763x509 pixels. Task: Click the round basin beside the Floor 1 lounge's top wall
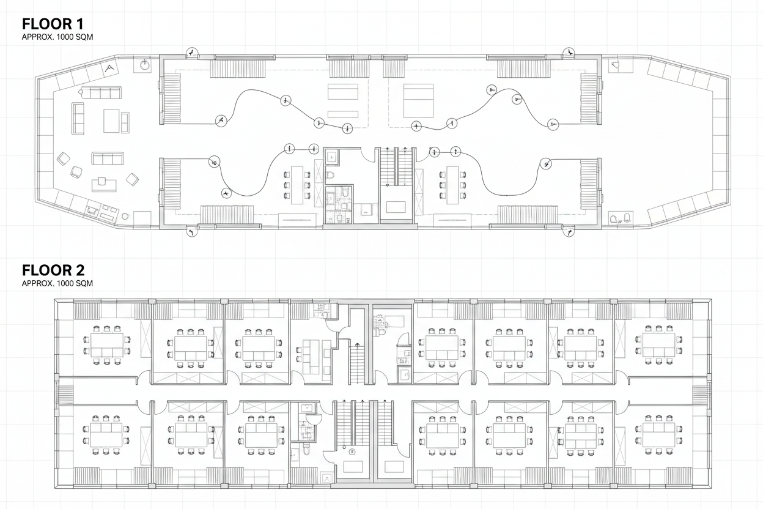tap(146, 64)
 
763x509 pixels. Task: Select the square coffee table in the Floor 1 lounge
tap(112, 121)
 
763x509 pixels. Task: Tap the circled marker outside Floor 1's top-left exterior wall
tap(191, 53)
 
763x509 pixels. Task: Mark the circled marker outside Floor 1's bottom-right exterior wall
tap(570, 232)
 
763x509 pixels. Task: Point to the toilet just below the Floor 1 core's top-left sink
tap(331, 176)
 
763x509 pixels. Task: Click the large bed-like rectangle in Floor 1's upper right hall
tap(418, 100)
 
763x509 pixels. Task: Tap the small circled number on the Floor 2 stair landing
tap(352, 452)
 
